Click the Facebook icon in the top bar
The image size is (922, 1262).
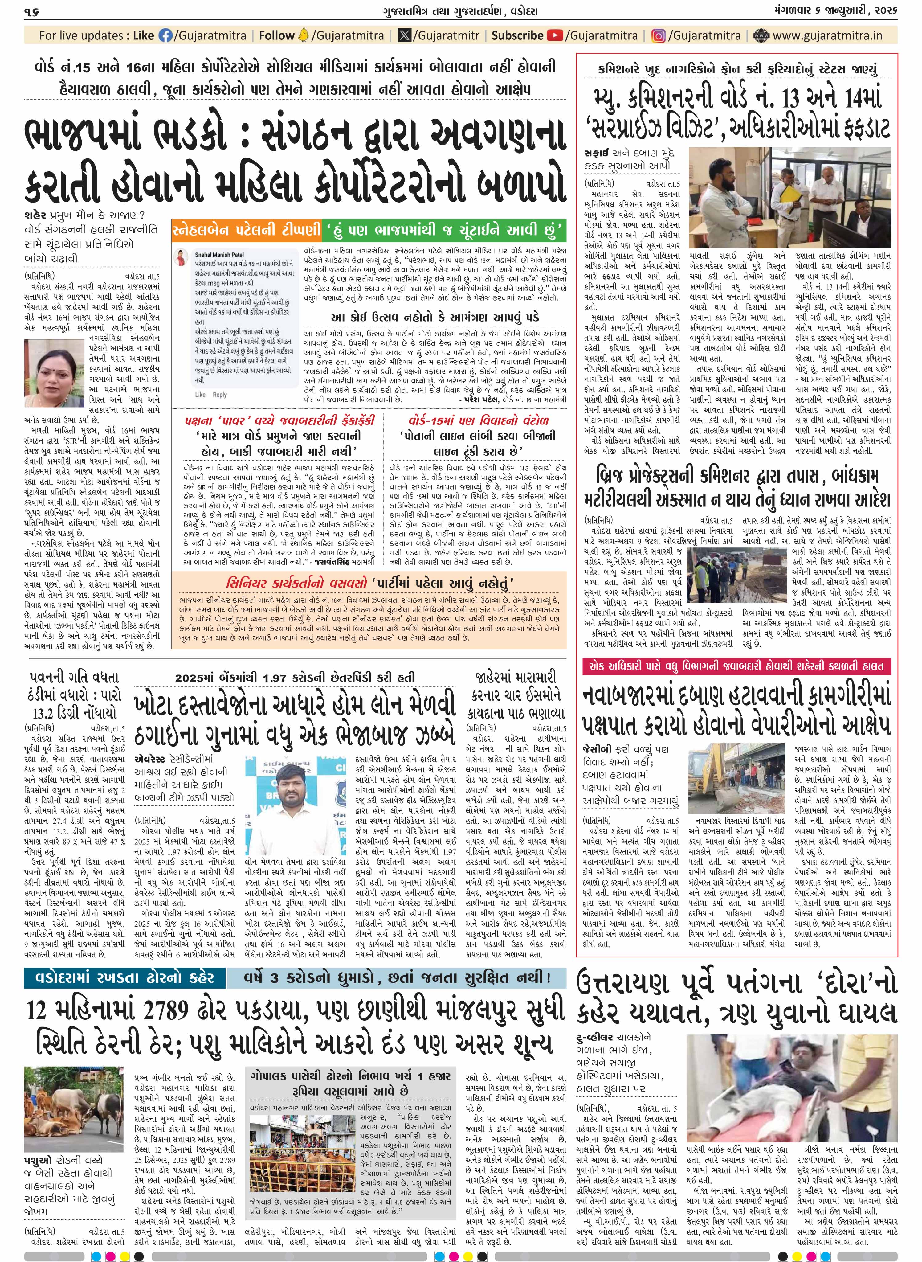[x=166, y=36]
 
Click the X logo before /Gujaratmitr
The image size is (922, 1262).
[x=404, y=36]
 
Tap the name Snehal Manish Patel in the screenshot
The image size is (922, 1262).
[x=219, y=255]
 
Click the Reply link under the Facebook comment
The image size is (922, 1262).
[x=220, y=395]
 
